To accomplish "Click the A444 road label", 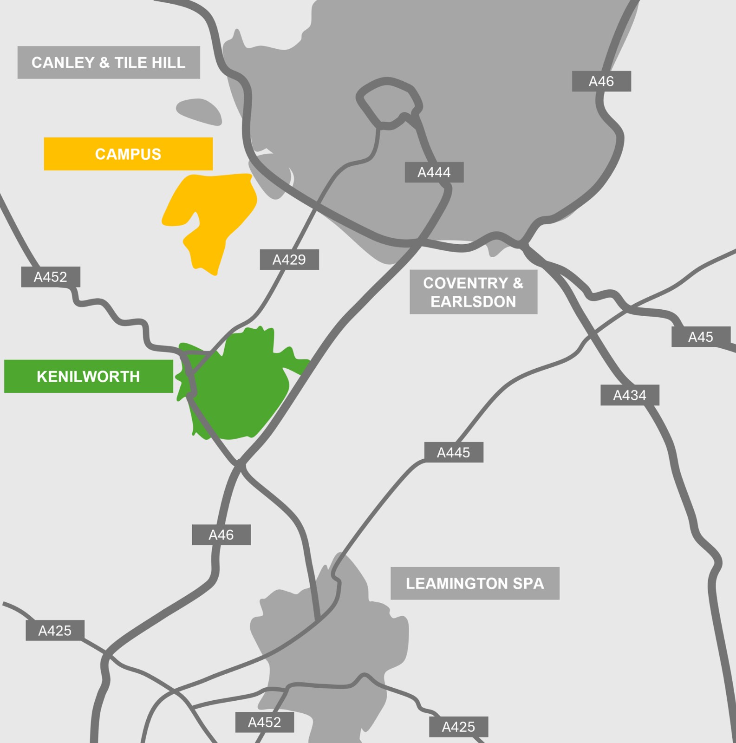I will [434, 172].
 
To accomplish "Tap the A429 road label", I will [289, 260].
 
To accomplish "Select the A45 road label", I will [700, 337].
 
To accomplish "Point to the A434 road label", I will [629, 395].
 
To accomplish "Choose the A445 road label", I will [453, 452].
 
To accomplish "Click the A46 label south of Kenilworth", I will [221, 535].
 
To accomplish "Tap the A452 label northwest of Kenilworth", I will [50, 277].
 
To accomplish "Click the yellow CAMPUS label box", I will [128, 154].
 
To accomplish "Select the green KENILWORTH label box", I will [88, 377].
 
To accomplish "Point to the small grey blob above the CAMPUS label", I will [200, 111].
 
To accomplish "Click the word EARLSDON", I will [473, 302].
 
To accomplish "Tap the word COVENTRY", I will [465, 283].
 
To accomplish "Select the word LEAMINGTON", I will [457, 584].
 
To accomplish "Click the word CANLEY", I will [63, 63].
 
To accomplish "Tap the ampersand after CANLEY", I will [104, 63].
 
